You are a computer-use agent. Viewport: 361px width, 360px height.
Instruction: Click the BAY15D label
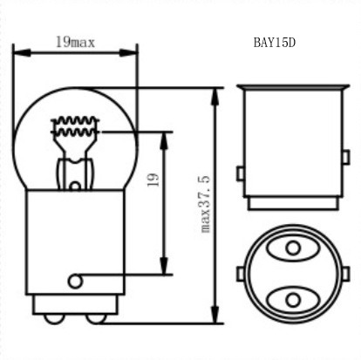click(x=275, y=43)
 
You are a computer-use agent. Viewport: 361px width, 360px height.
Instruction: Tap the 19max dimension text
click(x=75, y=42)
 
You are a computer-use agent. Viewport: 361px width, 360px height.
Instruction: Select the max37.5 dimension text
click(x=205, y=204)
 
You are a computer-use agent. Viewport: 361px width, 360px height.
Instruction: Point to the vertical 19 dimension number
click(x=153, y=180)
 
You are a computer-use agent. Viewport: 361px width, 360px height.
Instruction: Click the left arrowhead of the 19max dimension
click(x=22, y=53)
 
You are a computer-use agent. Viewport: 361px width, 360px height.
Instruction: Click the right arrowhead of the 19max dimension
click(x=128, y=53)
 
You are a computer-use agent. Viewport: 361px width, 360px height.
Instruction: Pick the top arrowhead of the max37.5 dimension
click(x=215, y=97)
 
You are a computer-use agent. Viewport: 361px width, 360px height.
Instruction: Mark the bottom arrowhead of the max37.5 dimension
click(x=215, y=314)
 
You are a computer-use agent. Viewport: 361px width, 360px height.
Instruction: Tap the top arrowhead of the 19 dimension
click(x=164, y=141)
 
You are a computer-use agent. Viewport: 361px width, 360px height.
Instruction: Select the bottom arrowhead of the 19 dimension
click(x=164, y=265)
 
